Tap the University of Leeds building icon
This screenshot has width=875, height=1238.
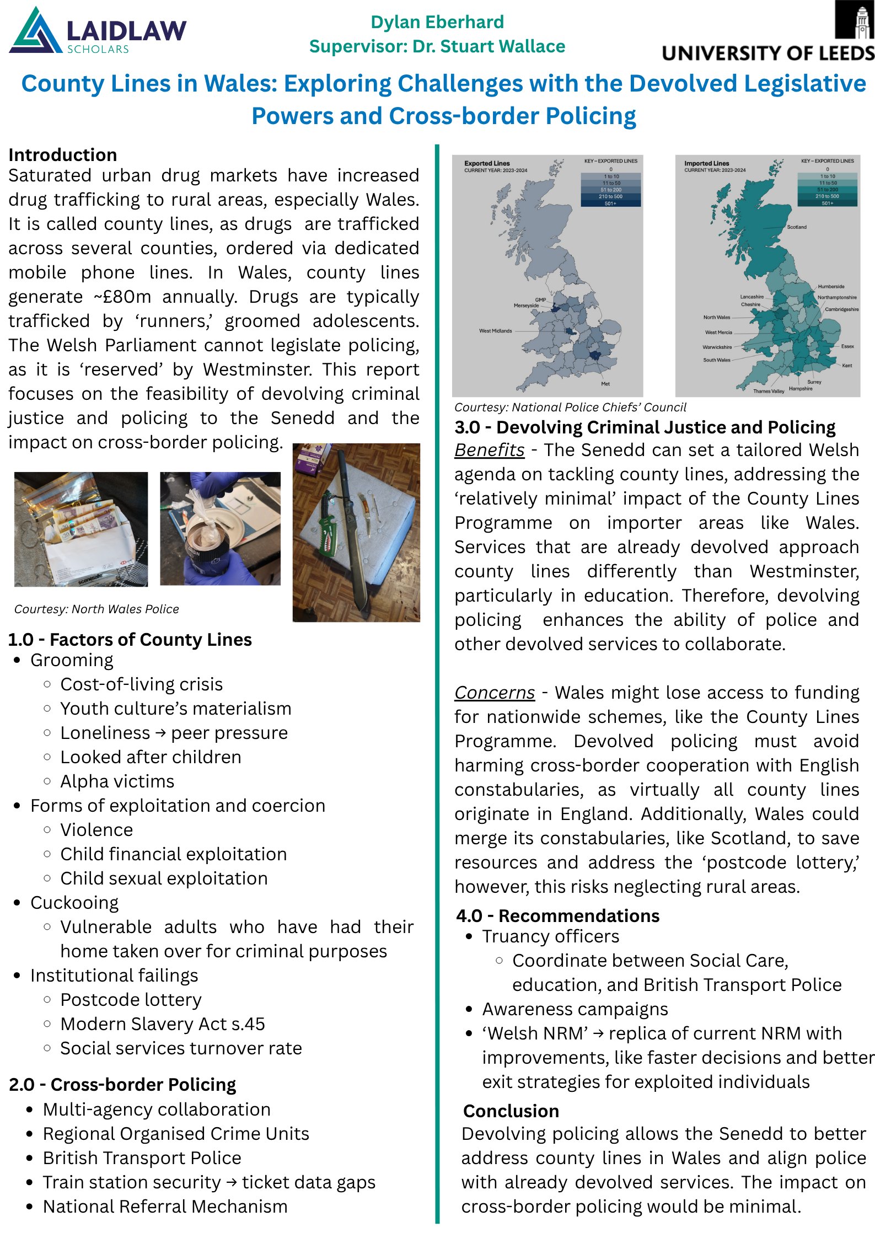[x=855, y=20]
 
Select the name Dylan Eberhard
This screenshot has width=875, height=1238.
[x=437, y=22]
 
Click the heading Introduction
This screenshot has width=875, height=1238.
[x=63, y=154]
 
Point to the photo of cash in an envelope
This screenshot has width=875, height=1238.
[x=81, y=529]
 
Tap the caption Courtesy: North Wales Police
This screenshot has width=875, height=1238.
[x=96, y=609]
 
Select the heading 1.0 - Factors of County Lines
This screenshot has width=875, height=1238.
[x=130, y=639]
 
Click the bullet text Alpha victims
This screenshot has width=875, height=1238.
[x=117, y=781]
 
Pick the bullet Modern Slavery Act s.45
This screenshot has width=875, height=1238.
[x=163, y=1024]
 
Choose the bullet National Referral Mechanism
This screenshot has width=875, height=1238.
[x=165, y=1207]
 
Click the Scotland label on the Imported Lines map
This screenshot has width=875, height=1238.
[x=797, y=227]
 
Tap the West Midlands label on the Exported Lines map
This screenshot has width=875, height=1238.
[x=495, y=331]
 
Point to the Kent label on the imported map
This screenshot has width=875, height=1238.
[x=847, y=366]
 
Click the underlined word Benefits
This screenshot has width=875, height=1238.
[x=489, y=450]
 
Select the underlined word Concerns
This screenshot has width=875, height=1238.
[x=495, y=693]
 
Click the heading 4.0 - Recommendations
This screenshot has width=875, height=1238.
[x=557, y=916]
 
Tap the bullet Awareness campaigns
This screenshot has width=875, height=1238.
[x=575, y=1009]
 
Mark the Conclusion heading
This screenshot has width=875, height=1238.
[x=511, y=1111]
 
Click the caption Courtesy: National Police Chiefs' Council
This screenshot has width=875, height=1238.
[x=570, y=408]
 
